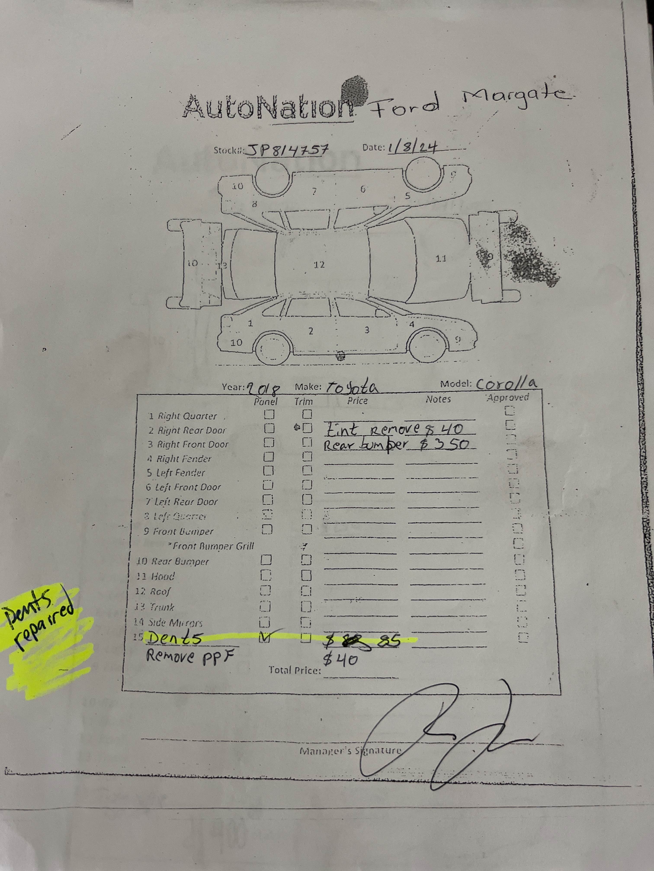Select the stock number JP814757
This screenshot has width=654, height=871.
tap(287, 150)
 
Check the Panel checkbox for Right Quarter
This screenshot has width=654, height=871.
tap(269, 414)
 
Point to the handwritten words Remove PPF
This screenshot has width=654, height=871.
tap(188, 656)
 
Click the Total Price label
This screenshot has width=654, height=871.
tap(295, 670)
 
